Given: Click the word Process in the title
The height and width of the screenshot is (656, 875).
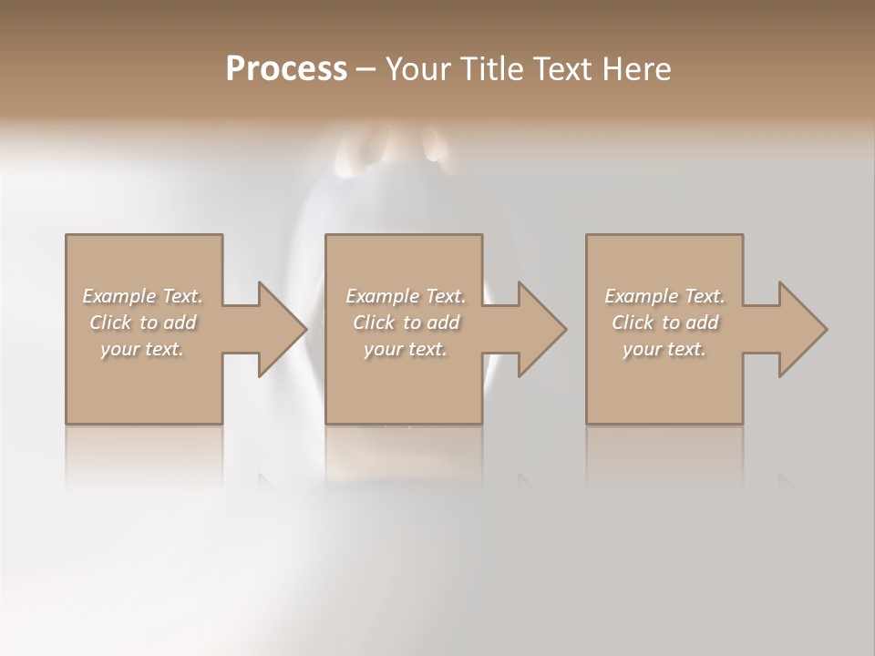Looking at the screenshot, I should [x=286, y=68].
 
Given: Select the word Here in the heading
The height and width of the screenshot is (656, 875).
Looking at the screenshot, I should [x=638, y=68].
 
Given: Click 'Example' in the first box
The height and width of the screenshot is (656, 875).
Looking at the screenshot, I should [x=119, y=296].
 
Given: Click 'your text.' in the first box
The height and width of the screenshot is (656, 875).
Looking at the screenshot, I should [x=142, y=349].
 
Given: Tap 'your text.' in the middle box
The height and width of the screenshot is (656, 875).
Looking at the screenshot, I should [x=405, y=349].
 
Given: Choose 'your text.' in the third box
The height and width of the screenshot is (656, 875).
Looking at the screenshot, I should [x=664, y=349].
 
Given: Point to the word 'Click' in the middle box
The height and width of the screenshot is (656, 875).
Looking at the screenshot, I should [x=374, y=323].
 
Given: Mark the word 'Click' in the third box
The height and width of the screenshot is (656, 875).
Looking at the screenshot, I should [x=633, y=323].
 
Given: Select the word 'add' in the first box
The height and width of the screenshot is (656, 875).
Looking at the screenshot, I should [x=180, y=323].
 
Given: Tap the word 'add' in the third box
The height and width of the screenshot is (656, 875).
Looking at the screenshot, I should [x=702, y=323].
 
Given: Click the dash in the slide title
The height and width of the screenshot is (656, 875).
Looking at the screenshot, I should [x=365, y=69].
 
